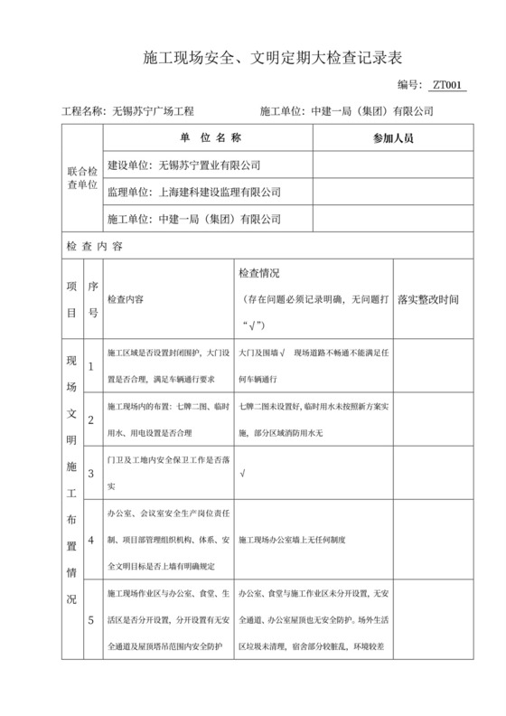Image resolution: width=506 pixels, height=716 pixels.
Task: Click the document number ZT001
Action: point(447,85)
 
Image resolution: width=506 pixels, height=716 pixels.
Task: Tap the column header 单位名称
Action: point(209,138)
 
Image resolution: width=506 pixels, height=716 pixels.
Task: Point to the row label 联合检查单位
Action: point(82,178)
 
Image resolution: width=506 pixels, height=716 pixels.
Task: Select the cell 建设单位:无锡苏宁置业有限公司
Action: point(183,166)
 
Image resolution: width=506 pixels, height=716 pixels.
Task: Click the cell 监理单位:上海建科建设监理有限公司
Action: point(193,193)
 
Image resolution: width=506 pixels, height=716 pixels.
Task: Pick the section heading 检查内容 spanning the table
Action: point(95,246)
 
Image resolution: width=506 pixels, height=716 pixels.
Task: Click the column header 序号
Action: point(91,299)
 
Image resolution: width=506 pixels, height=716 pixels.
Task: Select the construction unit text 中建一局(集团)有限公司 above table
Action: point(372,111)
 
